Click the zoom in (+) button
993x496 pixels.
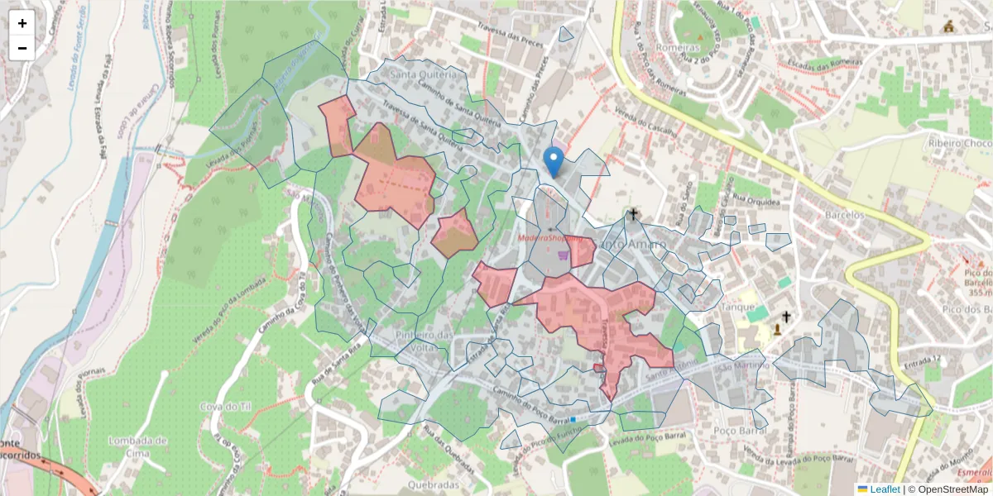pos(22,23)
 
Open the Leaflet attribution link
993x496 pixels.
pos(885,489)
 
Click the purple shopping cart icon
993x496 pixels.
pos(564,255)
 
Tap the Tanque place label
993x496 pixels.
pos(739,306)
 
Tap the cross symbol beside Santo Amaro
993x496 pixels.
pos(634,215)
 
